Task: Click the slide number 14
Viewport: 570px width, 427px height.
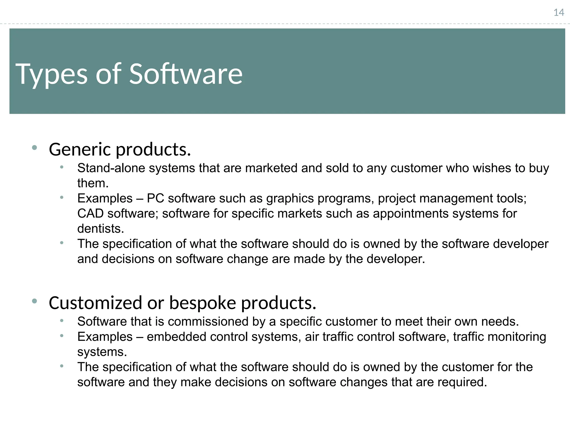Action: click(x=559, y=13)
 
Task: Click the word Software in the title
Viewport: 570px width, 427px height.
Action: click(x=186, y=74)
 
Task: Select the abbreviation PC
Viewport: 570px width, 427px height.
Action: click(x=155, y=198)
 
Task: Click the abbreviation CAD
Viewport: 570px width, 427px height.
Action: click(x=90, y=213)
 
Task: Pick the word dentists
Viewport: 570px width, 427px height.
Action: click(x=100, y=229)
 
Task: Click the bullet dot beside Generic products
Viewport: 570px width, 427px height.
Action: click(x=35, y=148)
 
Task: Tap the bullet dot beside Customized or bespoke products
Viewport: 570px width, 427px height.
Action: click(x=35, y=301)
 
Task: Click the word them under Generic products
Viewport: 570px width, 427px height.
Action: click(x=92, y=183)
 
